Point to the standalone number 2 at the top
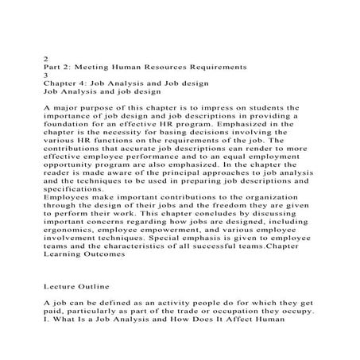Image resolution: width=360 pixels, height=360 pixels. pyautogui.click(x=45, y=56)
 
